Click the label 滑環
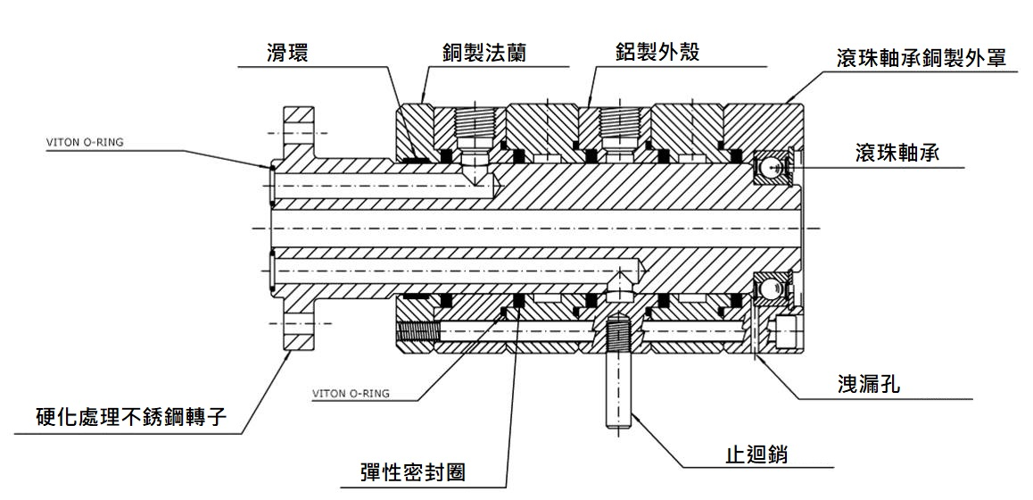[286, 53]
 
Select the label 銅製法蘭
[483, 53]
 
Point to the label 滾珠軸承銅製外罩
[921, 58]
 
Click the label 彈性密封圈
[409, 472]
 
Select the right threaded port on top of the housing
[618, 125]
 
